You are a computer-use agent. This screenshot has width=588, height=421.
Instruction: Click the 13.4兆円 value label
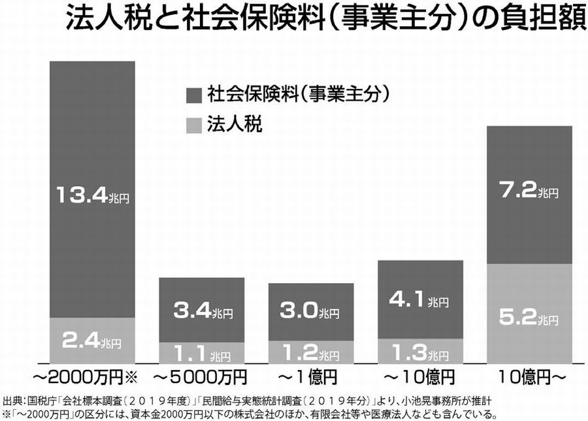(x=92, y=195)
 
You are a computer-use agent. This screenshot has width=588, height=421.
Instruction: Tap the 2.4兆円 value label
(x=92, y=340)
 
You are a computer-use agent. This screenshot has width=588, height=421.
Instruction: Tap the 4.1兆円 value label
(x=421, y=301)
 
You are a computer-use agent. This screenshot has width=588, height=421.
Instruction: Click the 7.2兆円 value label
(x=529, y=191)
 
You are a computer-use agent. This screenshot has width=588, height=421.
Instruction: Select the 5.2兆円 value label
(x=529, y=319)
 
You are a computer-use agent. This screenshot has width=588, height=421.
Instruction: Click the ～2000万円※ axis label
(x=92, y=378)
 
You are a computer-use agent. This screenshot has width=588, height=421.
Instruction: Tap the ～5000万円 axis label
(x=203, y=378)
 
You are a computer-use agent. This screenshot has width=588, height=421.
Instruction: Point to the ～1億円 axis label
(x=312, y=378)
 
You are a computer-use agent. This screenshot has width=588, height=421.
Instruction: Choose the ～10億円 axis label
(x=421, y=378)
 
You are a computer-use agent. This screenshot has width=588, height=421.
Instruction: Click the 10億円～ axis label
(x=529, y=378)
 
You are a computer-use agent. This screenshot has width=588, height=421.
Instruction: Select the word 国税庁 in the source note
(x=35, y=399)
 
